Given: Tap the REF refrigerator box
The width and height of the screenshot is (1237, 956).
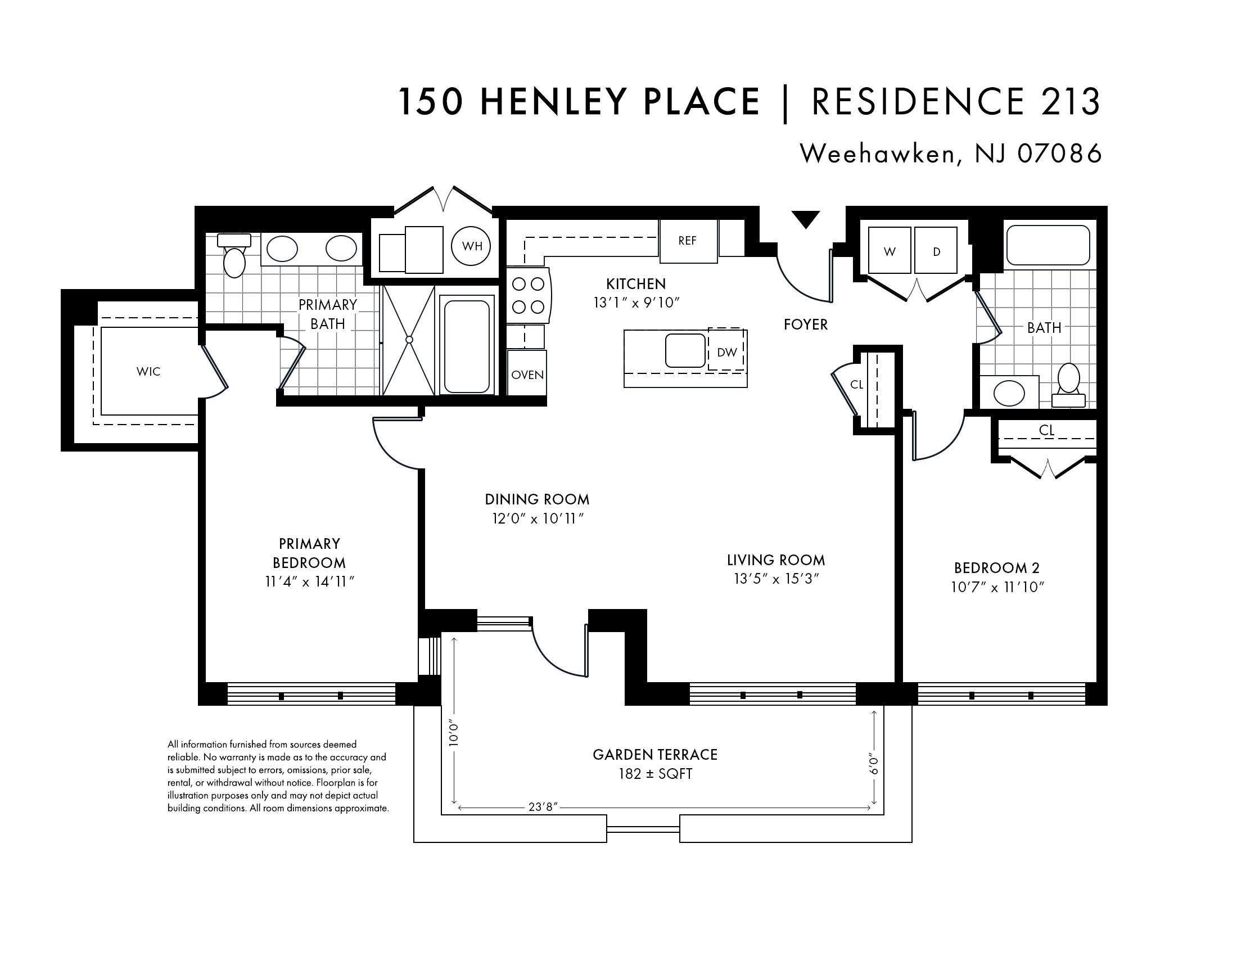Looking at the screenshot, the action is (688, 241).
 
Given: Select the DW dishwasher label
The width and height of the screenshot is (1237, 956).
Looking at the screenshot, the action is (726, 352).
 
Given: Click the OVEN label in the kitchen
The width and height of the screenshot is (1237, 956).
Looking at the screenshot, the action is (527, 375).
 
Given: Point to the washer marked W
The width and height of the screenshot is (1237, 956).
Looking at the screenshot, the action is (890, 251).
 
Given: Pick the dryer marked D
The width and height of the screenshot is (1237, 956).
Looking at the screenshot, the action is (936, 251).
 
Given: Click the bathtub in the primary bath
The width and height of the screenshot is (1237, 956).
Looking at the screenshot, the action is (467, 346).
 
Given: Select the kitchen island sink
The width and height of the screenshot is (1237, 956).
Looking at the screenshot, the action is (685, 350).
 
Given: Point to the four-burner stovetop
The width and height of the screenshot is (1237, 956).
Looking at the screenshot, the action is (529, 295).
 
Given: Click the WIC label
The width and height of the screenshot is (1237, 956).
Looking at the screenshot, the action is (148, 372).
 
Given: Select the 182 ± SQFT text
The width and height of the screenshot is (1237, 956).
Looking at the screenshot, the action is (655, 774).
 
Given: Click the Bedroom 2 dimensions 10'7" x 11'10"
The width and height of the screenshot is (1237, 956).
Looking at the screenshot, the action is (997, 587).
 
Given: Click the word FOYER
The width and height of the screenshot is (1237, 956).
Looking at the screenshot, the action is (805, 324).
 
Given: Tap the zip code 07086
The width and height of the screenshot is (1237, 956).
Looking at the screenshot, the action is (1060, 153).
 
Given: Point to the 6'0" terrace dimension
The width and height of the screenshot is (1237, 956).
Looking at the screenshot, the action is (874, 763).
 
